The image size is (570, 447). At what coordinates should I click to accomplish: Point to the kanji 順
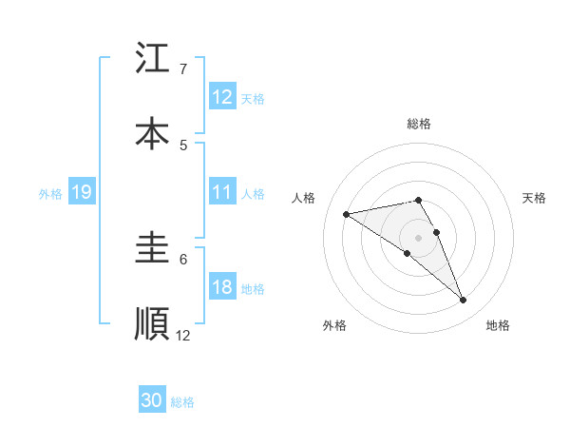(x=152, y=323)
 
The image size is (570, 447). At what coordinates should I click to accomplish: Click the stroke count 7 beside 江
(x=183, y=69)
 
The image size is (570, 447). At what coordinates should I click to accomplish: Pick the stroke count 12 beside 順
(x=183, y=335)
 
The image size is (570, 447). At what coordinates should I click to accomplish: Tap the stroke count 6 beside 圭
(x=183, y=259)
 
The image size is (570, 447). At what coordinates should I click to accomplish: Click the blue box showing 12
(x=222, y=97)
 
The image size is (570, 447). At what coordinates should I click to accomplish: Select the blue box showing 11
(x=222, y=192)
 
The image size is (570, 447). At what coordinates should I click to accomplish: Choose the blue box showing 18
(x=222, y=288)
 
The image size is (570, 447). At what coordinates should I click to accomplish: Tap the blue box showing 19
(x=82, y=192)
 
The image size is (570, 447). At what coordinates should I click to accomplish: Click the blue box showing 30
(x=152, y=401)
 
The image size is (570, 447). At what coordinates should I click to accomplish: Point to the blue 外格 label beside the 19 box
(x=50, y=193)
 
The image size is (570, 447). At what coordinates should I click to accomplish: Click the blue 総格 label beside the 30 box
(x=182, y=402)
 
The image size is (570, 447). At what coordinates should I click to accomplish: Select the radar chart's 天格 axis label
(x=534, y=198)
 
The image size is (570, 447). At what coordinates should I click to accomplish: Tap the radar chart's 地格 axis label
(x=498, y=325)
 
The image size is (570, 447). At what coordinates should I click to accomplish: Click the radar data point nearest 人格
(x=347, y=214)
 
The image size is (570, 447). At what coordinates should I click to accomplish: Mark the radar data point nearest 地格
(x=464, y=301)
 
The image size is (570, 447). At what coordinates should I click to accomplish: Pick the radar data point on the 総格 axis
(x=419, y=200)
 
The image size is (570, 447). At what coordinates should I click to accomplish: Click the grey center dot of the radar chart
(x=419, y=237)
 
